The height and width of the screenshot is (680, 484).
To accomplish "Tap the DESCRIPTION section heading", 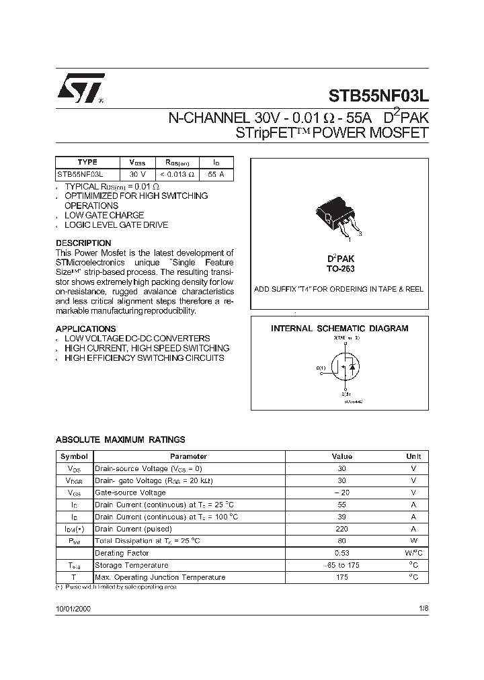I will point(83,243).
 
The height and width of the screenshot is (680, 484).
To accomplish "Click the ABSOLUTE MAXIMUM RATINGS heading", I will point(120,439).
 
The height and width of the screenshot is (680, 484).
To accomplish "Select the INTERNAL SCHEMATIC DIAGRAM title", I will point(339,329).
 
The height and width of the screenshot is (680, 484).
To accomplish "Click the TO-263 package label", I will point(341,269).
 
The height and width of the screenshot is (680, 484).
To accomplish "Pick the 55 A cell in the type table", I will point(216,174).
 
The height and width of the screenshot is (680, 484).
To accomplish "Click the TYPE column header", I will point(87,162).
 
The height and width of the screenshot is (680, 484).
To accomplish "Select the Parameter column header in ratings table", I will point(188,456).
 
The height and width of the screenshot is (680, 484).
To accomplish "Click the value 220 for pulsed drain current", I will point(341,528).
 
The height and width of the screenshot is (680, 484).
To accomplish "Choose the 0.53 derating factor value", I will point(341,553).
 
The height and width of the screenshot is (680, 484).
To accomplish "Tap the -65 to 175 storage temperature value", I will point(341,565).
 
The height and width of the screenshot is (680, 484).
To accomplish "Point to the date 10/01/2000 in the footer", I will point(73,607).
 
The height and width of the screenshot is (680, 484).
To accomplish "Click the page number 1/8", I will point(423,607).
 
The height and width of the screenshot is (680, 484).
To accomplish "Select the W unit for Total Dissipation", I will point(413,540).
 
